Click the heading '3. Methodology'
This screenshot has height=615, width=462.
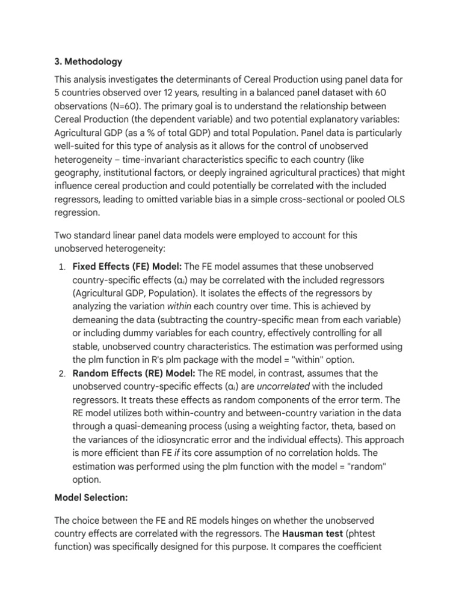click(x=88, y=61)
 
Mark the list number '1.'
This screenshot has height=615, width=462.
click(x=62, y=266)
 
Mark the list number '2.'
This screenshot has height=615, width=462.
click(x=62, y=373)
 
